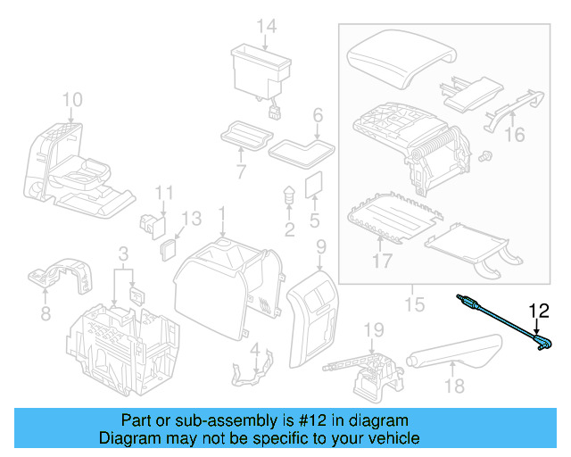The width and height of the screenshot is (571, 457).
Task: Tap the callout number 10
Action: tap(72, 99)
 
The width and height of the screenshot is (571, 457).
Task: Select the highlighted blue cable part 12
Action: tap(500, 320)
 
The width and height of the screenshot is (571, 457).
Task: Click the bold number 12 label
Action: tap(540, 312)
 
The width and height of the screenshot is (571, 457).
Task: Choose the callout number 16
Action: tap(516, 135)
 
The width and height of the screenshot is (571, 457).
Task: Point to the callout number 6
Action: tap(317, 115)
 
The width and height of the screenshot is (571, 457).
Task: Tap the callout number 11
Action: tap(163, 194)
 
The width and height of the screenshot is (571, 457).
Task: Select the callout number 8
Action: tap(46, 313)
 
